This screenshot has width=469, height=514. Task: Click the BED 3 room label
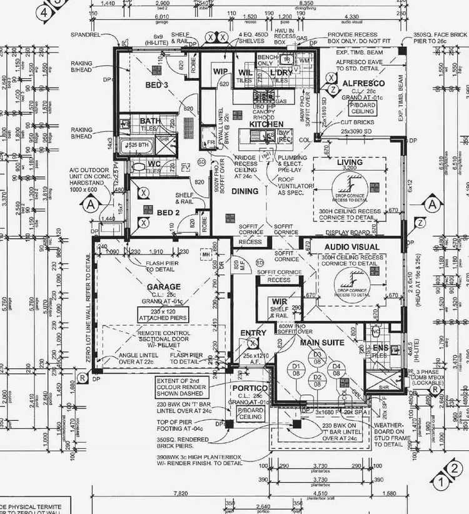click(158, 84)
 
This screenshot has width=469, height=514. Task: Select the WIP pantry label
click(220, 72)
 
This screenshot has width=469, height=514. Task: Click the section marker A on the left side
click(91, 204)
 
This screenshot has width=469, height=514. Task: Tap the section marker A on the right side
click(431, 204)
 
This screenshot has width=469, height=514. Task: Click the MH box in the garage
click(206, 255)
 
